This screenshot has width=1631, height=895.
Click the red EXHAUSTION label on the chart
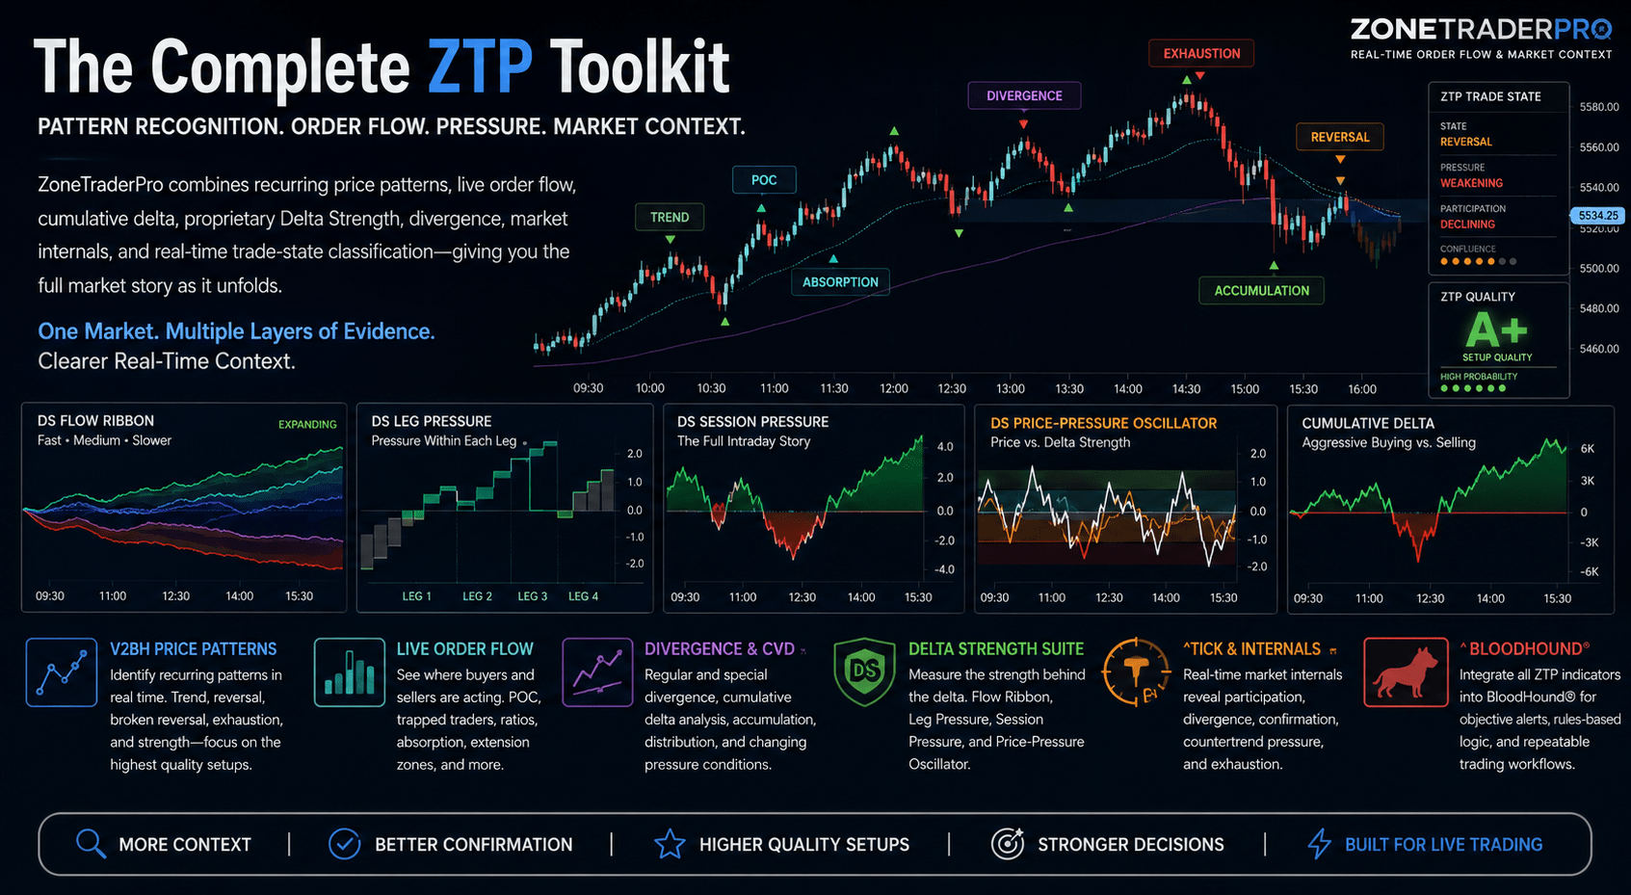[x=1201, y=54]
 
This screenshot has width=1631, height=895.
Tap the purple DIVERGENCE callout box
[x=1024, y=96]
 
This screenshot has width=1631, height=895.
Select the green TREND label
[x=670, y=217]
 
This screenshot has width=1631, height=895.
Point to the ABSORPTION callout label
[x=840, y=282]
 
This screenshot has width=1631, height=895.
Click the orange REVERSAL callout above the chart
[x=1340, y=137]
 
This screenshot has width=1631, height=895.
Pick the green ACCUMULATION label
[x=1261, y=291]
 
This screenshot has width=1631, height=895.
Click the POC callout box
[x=764, y=180]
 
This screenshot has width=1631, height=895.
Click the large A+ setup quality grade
[x=1496, y=330]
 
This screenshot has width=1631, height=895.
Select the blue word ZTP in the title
[x=480, y=67]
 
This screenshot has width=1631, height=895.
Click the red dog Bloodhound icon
[x=1406, y=672]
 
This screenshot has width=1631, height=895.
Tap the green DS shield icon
[x=864, y=671]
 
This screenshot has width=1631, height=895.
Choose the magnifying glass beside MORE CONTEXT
[x=91, y=844]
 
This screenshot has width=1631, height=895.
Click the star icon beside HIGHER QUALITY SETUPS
[x=670, y=844]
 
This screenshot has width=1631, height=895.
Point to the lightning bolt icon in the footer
[x=1320, y=844]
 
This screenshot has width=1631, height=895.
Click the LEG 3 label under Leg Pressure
[x=532, y=596]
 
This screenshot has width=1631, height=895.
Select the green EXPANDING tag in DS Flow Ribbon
[x=307, y=425]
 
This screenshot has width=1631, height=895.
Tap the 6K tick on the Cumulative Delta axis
[x=1588, y=449]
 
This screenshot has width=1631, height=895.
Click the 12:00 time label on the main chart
[x=893, y=389]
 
